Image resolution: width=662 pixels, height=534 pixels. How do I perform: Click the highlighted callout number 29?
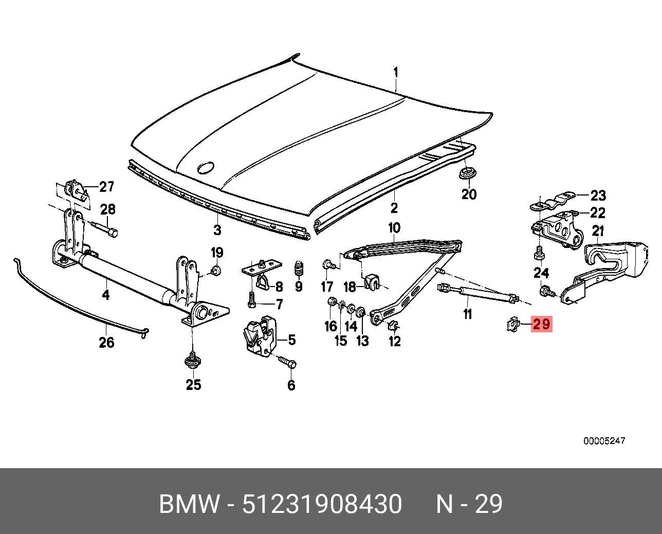541,325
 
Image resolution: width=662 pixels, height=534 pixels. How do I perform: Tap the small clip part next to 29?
512,324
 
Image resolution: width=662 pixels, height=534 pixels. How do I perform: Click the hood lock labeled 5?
259,335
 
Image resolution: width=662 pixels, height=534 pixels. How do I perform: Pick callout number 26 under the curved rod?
106,342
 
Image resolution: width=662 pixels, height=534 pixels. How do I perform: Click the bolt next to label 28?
105,229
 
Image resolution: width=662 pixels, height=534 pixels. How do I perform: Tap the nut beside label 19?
216,271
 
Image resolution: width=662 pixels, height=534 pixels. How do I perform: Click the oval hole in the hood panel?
206,168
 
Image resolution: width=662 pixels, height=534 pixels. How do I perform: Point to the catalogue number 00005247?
604,441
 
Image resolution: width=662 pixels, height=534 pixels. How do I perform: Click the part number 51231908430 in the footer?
322,504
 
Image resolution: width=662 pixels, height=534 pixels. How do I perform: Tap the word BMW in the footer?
189,504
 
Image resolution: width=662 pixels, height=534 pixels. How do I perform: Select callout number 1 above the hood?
396,73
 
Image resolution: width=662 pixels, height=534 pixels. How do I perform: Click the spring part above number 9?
299,268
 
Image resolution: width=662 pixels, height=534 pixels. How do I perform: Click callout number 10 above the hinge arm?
394,227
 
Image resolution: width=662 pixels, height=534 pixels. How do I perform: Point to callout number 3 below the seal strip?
217,229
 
